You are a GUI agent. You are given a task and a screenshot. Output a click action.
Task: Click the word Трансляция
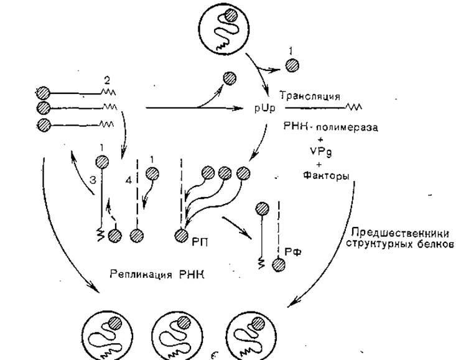[x=310, y=96]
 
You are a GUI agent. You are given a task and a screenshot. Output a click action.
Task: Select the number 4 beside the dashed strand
[x=129, y=181]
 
